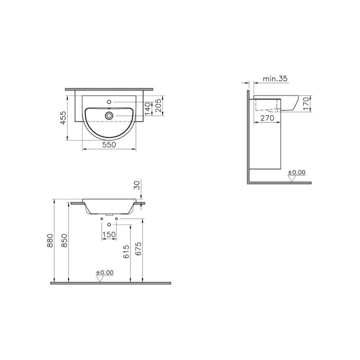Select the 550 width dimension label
coord(109,146)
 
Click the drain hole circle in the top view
coord(109,116)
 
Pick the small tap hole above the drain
coord(109,102)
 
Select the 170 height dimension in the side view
coord(305,103)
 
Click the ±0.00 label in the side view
coord(297,172)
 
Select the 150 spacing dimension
coord(109,235)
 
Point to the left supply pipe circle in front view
coord(103,220)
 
